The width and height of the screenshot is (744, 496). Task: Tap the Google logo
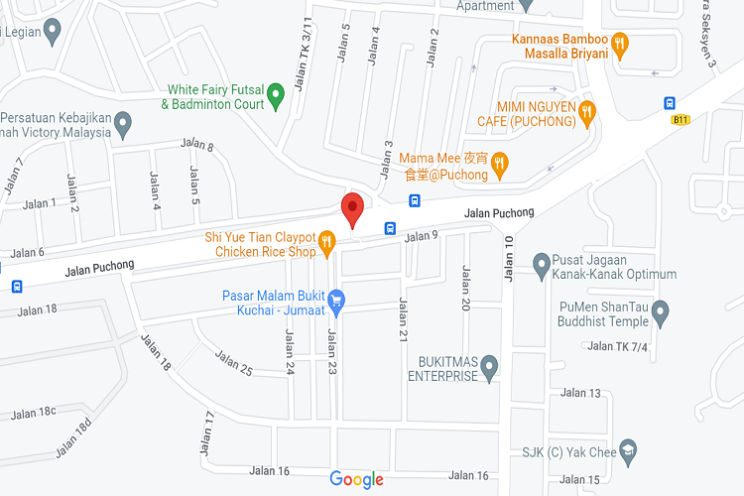pyautogui.click(x=356, y=480)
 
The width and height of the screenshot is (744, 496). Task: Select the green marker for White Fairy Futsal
pyautogui.click(x=277, y=96)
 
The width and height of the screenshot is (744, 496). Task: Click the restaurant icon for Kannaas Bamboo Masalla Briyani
pyautogui.click(x=620, y=43)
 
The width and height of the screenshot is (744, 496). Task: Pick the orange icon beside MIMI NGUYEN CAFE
pyautogui.click(x=587, y=112)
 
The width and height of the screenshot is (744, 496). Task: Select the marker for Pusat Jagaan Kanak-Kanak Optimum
pyautogui.click(x=542, y=264)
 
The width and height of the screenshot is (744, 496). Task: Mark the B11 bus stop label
pyautogui.click(x=680, y=120)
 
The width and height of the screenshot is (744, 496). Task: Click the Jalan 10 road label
pyautogui.click(x=510, y=259)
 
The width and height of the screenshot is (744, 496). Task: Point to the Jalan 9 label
pyautogui.click(x=422, y=235)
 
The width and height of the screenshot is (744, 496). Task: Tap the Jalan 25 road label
pyautogui.click(x=234, y=364)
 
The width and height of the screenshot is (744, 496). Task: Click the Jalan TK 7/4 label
pyautogui.click(x=617, y=346)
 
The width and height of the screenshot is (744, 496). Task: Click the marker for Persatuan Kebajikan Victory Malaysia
pyautogui.click(x=123, y=125)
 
